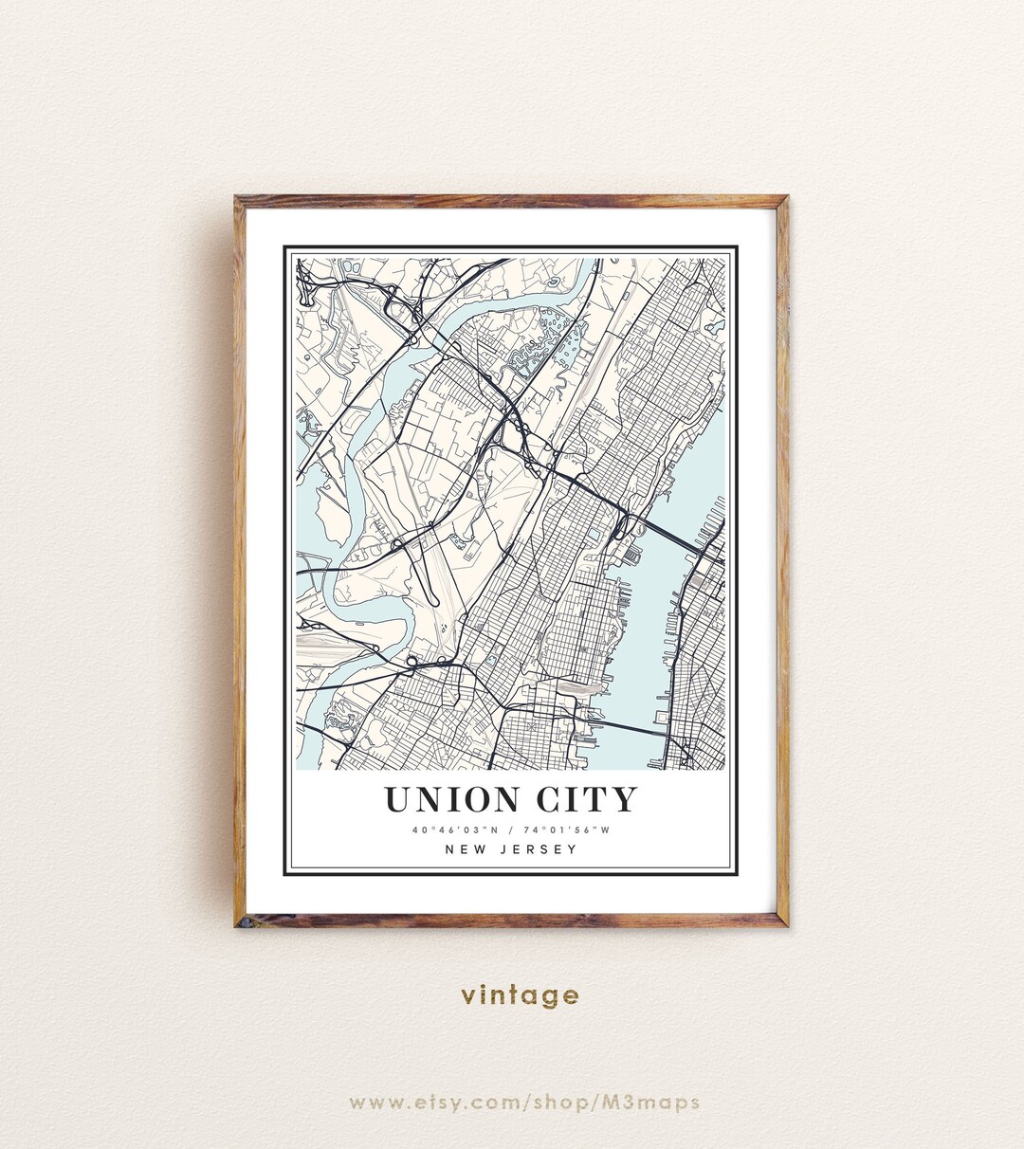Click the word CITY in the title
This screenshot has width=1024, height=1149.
pos(587,800)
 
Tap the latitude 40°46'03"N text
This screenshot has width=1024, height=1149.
pos(451,831)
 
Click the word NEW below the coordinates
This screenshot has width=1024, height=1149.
pos(465,849)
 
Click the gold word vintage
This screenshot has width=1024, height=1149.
pos(520,995)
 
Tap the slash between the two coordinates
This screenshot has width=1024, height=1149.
pos(511,831)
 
